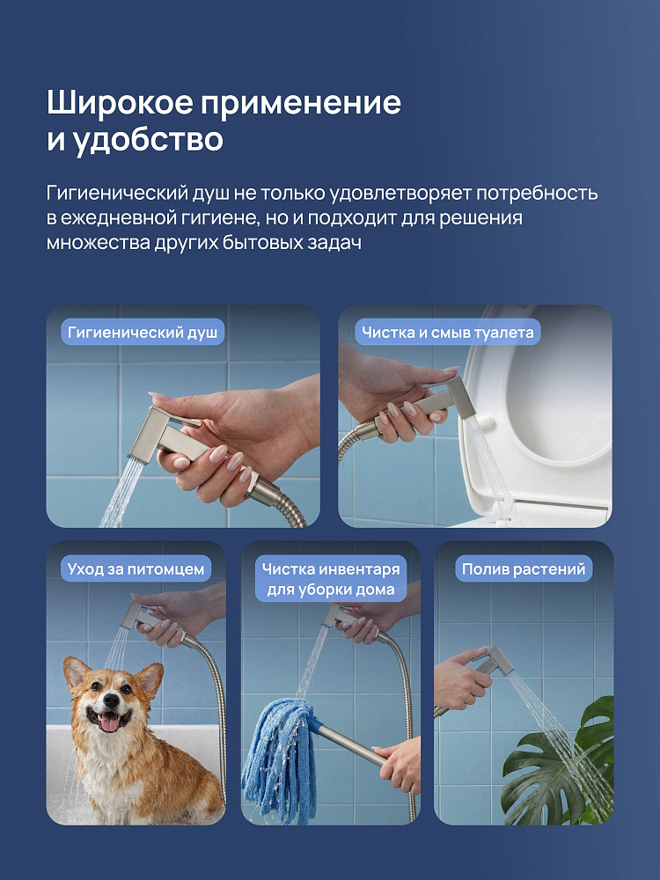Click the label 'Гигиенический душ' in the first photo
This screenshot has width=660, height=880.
pyautogui.click(x=143, y=333)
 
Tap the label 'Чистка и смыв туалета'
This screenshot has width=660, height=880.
pyautogui.click(x=447, y=333)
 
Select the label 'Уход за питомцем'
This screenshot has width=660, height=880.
pyautogui.click(x=136, y=569)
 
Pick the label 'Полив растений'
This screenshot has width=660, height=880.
pyautogui.click(x=524, y=569)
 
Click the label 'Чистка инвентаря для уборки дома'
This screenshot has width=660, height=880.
pyautogui.click(x=331, y=579)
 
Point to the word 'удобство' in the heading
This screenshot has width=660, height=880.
pyautogui.click(x=148, y=140)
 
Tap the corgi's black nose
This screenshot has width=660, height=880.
pyautogui.click(x=111, y=700)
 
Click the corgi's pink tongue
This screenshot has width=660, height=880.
pyautogui.click(x=109, y=722)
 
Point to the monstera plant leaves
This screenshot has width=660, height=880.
pyautogui.click(x=561, y=763)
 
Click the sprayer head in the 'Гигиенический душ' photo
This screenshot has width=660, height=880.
pyautogui.click(x=154, y=432)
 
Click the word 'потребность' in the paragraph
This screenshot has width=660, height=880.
pyautogui.click(x=537, y=194)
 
